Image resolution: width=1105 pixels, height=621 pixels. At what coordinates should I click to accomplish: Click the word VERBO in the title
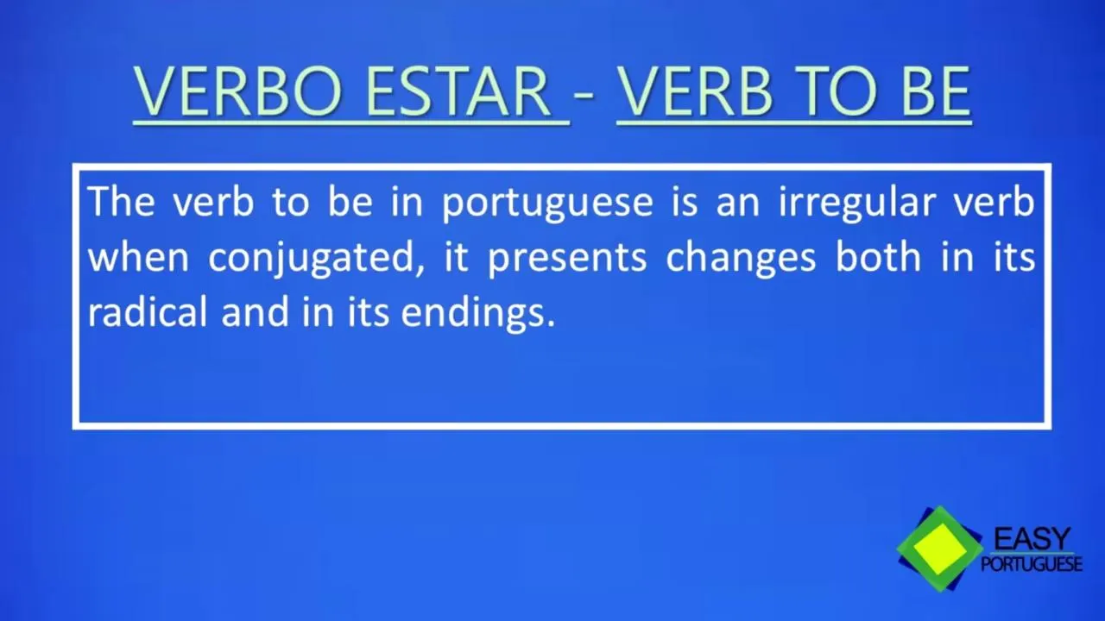237,92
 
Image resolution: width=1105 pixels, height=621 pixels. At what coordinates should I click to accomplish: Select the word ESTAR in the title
458,92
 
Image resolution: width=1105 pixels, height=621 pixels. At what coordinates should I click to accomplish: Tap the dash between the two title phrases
584,95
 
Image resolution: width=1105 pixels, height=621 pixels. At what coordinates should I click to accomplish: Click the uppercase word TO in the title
837,92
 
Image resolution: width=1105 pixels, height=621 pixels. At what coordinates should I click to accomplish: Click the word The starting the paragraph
122,201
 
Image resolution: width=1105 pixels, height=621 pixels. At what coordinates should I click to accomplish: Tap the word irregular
857,204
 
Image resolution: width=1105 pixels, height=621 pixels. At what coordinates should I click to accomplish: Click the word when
138,257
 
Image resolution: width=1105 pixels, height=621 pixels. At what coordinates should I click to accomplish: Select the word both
878,257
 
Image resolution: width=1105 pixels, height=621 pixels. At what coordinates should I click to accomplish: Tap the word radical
147,311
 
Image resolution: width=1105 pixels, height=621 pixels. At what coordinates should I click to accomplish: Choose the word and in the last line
255,311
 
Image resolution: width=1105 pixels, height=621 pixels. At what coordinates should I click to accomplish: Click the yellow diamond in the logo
941,549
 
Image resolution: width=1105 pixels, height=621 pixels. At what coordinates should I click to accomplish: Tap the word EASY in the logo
1032,538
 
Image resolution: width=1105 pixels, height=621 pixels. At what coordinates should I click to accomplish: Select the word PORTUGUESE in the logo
1032,563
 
